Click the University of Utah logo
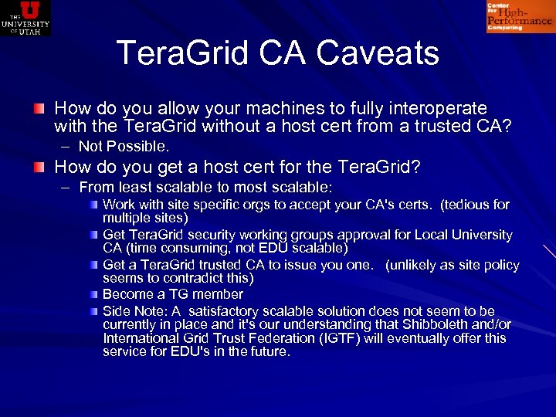point(25,17)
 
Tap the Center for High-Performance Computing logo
point(519,16)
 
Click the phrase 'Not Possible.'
point(124,146)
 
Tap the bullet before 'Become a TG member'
point(94,294)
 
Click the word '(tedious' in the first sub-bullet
point(465,205)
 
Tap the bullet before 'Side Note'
point(94,310)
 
